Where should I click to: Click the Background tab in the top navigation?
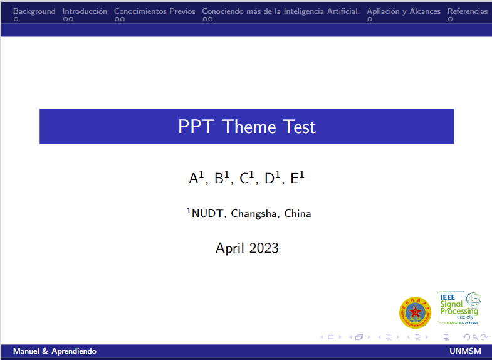point(34,11)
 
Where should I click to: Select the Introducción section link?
point(85,11)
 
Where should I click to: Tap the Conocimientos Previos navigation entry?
point(154,11)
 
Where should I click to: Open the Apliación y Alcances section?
point(403,11)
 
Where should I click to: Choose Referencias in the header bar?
point(467,11)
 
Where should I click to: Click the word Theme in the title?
point(249,127)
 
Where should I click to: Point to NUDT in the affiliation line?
point(208,214)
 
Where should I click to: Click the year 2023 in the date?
point(263,248)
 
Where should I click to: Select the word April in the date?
point(229,248)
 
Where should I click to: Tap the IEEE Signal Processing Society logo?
point(458,307)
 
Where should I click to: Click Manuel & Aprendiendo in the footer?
point(55,351)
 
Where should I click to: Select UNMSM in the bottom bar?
point(465,351)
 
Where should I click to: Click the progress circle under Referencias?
point(450,19)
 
